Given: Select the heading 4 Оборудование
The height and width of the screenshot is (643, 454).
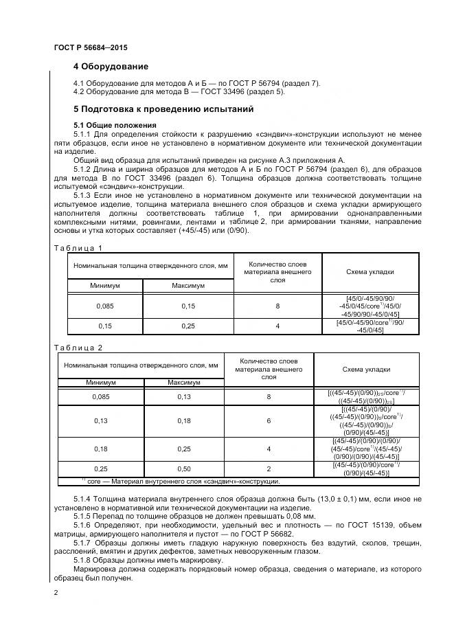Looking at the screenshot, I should click(111, 67).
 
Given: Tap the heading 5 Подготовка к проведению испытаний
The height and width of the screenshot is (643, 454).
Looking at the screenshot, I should click(163, 109).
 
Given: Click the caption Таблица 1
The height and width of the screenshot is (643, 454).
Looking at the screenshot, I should click(78, 248).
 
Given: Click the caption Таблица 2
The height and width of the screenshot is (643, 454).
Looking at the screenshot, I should click(78, 348).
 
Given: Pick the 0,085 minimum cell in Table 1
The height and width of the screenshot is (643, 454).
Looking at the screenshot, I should click(104, 306).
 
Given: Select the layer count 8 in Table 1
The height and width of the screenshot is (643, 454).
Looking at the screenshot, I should click(277, 306).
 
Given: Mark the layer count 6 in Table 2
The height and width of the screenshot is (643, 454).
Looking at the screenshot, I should click(269, 420).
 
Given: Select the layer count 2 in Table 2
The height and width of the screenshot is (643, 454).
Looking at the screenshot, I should click(269, 469).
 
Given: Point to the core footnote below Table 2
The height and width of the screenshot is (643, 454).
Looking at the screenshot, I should click(181, 481).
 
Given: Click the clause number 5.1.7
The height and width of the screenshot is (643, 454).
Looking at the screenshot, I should click(84, 542).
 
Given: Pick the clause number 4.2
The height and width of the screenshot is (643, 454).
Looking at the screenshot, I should click(78, 91).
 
